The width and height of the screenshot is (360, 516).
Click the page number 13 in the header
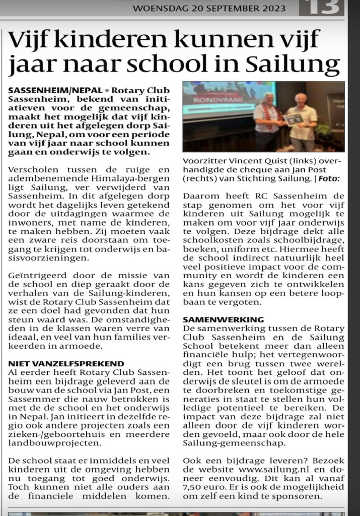(x=323, y=8)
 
